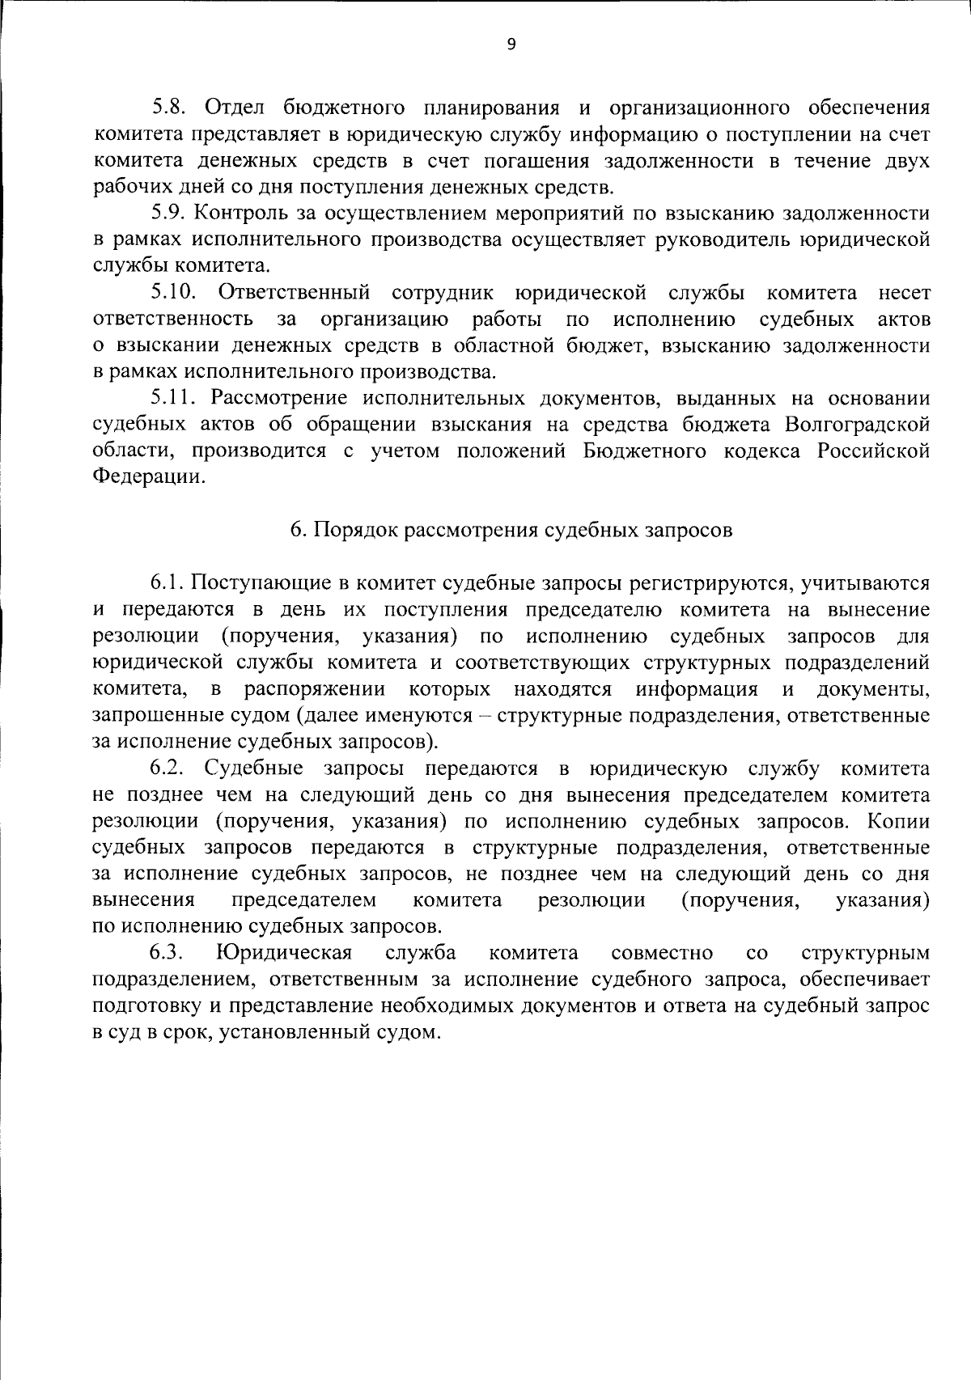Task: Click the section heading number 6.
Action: pyautogui.click(x=297, y=530)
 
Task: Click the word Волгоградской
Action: pyautogui.click(x=855, y=424)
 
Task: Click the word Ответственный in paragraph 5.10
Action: pyautogui.click(x=295, y=292)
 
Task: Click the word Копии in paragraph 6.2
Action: pyautogui.click(x=897, y=820)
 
